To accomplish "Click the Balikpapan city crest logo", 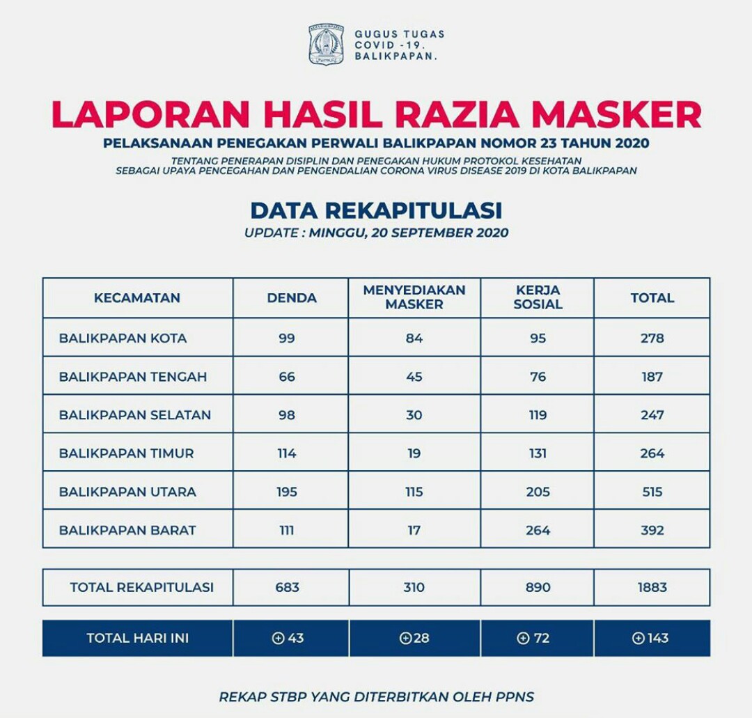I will coord(326,45).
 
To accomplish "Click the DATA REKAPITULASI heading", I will coord(376,210).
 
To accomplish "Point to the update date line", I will coord(376,233).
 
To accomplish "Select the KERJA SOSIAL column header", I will coord(538,297).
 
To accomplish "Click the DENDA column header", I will coord(292,298).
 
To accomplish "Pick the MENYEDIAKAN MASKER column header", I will coord(414,297).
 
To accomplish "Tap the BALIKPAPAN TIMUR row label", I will coord(126,453).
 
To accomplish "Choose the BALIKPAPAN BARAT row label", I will coord(127,530).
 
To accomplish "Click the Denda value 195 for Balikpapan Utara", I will coord(287,492).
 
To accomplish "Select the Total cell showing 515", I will coord(652,492).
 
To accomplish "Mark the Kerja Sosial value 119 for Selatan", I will coord(538,415).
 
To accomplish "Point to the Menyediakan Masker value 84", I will coord(414,338).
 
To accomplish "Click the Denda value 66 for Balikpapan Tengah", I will coord(287,377).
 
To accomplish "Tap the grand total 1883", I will coord(652,587).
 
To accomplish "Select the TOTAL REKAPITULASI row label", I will coord(141,587).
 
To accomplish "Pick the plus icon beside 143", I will coord(638,638).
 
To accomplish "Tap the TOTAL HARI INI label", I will coord(137,638).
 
